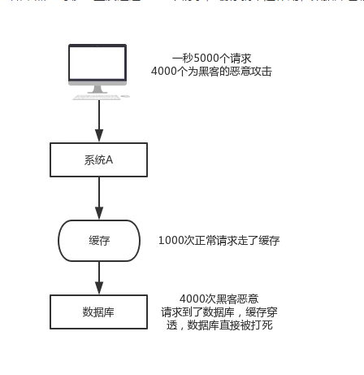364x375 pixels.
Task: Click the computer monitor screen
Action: click(x=97, y=63)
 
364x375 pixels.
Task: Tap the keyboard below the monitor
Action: click(x=97, y=96)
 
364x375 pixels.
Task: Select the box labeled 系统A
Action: click(x=98, y=159)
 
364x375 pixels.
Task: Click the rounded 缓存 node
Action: click(x=98, y=241)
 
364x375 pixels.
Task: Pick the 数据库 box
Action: click(x=98, y=312)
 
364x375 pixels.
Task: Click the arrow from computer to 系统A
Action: click(x=98, y=122)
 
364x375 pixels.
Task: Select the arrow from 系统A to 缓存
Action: click(x=98, y=198)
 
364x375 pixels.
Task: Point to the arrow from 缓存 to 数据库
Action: click(x=98, y=277)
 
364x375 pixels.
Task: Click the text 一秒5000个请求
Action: click(x=210, y=59)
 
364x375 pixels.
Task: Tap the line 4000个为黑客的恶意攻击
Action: click(x=211, y=72)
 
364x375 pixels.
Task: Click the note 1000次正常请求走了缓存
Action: click(x=219, y=241)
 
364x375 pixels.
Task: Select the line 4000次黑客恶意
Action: click(x=219, y=299)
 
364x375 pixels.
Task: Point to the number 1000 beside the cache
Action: click(x=171, y=241)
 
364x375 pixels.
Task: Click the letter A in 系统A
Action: click(x=109, y=159)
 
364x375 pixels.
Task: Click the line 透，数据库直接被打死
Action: click(x=219, y=325)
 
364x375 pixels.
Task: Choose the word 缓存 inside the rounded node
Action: click(x=98, y=241)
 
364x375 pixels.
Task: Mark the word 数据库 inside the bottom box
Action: click(x=98, y=312)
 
